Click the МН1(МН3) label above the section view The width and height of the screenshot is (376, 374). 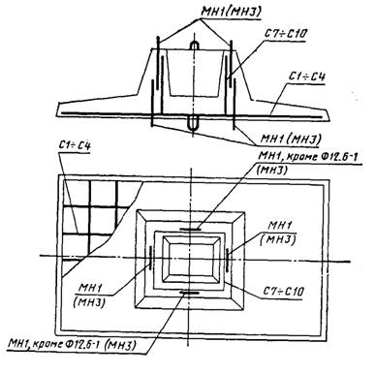(x=193, y=11)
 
